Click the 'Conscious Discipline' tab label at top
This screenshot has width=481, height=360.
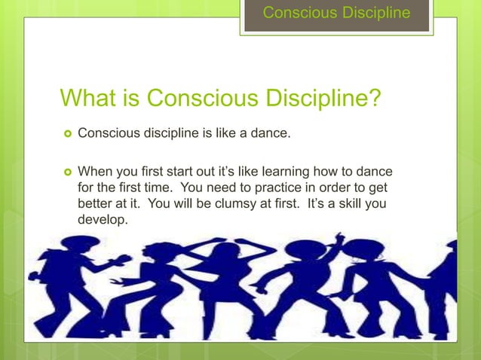point(336,13)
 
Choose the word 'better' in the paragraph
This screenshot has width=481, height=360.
point(96,204)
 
